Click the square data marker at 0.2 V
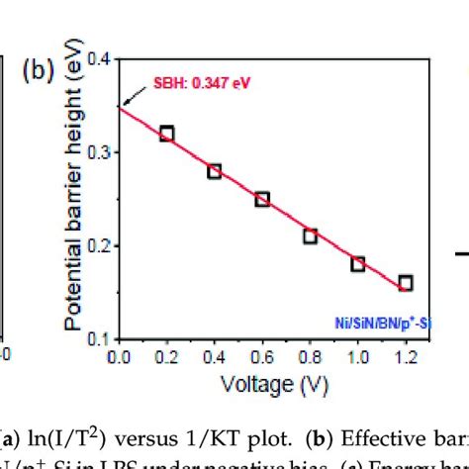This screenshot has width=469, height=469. click(x=166, y=134)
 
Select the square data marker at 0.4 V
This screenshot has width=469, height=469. click(x=214, y=171)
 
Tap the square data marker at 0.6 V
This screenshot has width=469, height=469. click(x=262, y=199)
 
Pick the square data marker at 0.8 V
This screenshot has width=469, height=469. click(x=310, y=235)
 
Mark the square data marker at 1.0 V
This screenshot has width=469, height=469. click(x=357, y=263)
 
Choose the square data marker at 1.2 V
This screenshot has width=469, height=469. click(x=405, y=283)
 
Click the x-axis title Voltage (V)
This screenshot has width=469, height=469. click(x=262, y=382)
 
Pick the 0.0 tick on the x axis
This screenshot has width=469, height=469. click(x=119, y=356)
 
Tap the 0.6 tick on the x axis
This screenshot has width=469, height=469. click(x=262, y=356)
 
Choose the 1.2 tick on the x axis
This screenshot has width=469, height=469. click(x=405, y=356)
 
